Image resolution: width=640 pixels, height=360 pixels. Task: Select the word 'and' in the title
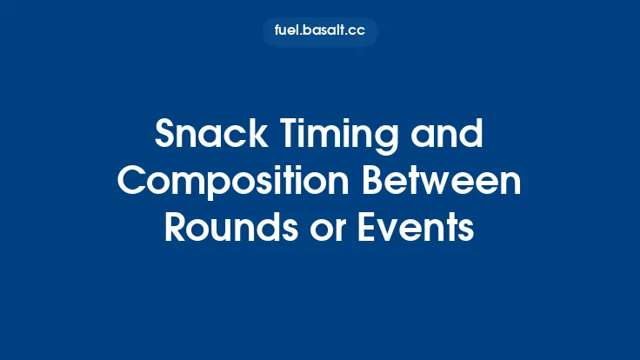[x=449, y=136]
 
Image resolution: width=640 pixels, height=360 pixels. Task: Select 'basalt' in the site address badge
[x=325, y=32]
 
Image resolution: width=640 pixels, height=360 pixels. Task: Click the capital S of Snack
[x=165, y=136]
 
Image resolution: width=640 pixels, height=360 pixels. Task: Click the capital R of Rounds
[x=175, y=227]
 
